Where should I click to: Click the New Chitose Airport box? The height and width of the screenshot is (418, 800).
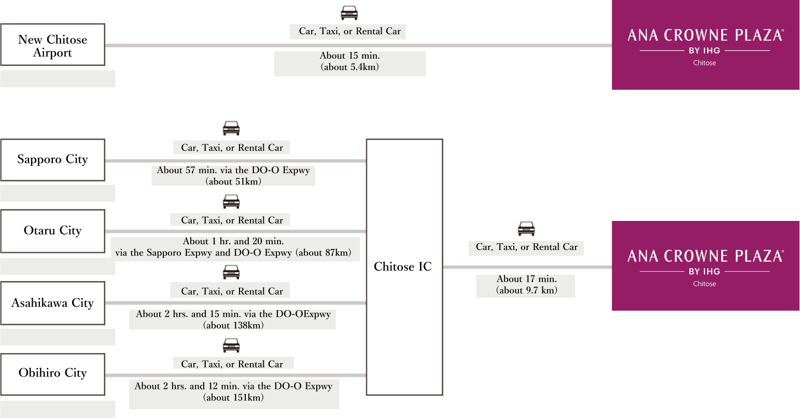click(x=52, y=45)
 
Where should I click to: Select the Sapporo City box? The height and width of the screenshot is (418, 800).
click(x=52, y=160)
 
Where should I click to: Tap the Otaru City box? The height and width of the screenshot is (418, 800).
click(x=52, y=231)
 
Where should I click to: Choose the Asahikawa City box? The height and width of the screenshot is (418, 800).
click(x=52, y=303)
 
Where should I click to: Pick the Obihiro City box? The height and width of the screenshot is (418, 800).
click(x=52, y=373)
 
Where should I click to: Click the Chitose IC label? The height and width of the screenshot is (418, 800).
click(x=403, y=267)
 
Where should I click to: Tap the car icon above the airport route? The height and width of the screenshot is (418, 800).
click(x=349, y=12)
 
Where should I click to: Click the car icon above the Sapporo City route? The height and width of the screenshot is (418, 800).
click(x=231, y=128)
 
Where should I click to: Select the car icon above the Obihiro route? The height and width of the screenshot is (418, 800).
click(x=231, y=345)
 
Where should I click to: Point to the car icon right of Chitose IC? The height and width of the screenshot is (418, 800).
click(x=526, y=228)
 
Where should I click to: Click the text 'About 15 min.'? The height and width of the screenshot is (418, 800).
click(x=349, y=56)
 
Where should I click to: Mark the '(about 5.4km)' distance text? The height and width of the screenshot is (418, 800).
click(x=349, y=67)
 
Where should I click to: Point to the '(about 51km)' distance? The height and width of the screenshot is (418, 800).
click(x=233, y=182)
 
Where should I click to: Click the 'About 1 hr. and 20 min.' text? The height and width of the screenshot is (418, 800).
click(x=233, y=241)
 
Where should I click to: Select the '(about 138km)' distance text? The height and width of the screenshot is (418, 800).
click(x=233, y=326)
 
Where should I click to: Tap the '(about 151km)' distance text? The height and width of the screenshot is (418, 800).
click(x=233, y=398)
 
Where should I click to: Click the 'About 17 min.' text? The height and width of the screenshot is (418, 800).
click(x=526, y=279)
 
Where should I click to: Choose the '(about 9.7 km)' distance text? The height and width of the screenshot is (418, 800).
click(x=526, y=290)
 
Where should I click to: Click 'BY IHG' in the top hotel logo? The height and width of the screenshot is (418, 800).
click(x=705, y=51)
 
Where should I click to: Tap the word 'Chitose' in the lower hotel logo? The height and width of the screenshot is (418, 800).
click(x=705, y=284)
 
